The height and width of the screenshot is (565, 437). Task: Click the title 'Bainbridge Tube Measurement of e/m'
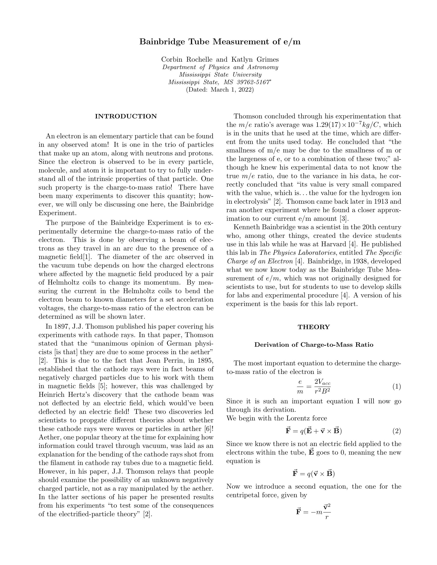(220, 42)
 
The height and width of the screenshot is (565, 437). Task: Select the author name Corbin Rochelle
(187, 60)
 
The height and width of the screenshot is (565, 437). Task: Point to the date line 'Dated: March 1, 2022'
(220, 90)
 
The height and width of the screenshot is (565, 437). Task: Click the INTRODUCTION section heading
(126, 116)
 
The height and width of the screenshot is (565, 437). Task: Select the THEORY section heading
(314, 327)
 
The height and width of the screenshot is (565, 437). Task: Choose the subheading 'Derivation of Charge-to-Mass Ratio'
(314, 345)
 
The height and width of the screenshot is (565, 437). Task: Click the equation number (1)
(396, 387)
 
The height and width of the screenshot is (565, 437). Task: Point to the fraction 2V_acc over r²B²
(322, 387)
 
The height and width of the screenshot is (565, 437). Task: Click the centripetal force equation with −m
(314, 512)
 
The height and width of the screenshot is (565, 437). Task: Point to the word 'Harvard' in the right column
(334, 244)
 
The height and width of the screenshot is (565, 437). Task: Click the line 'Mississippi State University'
(220, 75)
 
